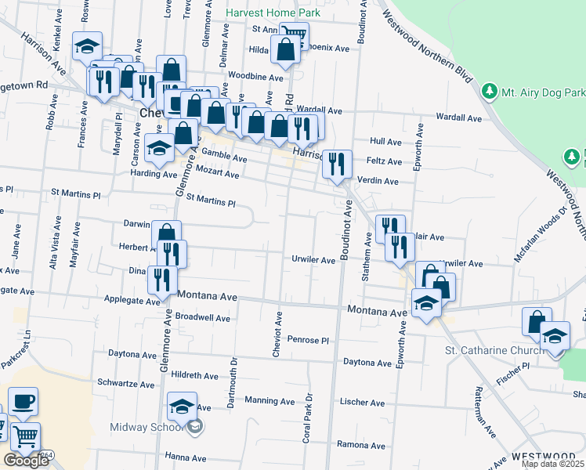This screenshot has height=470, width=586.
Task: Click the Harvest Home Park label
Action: (x=271, y=13)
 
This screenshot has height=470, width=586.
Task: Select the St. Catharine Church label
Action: (x=494, y=349)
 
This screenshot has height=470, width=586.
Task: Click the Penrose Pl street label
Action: (x=307, y=340)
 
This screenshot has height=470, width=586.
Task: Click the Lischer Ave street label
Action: (x=362, y=403)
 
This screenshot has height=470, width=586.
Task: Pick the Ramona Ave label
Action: (x=363, y=445)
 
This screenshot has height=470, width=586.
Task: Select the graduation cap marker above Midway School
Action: (x=182, y=406)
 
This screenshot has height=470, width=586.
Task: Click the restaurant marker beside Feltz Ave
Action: (x=337, y=163)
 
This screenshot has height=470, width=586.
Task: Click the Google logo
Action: (x=26, y=461)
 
